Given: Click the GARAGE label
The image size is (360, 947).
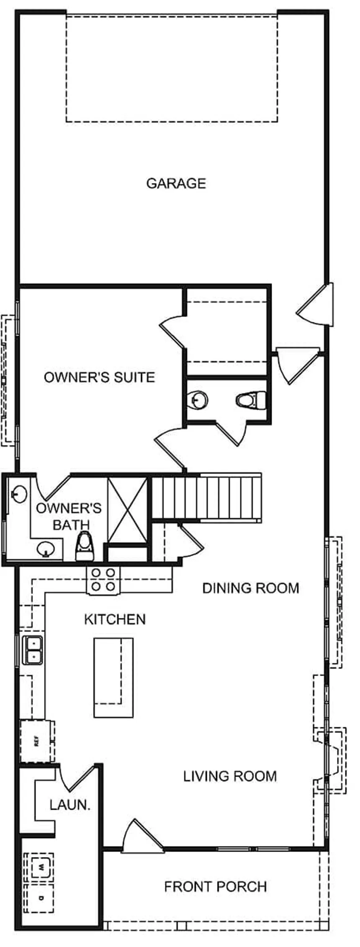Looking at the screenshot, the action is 176,183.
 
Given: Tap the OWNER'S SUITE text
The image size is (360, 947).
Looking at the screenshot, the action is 99,377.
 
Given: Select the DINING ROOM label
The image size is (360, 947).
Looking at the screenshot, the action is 251,588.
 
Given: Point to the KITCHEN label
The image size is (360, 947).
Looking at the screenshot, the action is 115,619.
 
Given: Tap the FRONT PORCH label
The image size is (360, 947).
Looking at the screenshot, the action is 215,886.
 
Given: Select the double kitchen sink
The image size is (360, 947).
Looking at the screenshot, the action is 33,650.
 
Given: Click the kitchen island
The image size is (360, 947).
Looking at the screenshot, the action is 113,678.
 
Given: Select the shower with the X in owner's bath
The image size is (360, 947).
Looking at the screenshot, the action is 127,510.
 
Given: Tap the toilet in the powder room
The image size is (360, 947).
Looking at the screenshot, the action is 251,400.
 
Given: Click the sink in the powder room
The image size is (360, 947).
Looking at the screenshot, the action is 198,400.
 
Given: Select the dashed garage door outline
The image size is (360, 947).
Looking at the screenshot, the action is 172,69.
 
